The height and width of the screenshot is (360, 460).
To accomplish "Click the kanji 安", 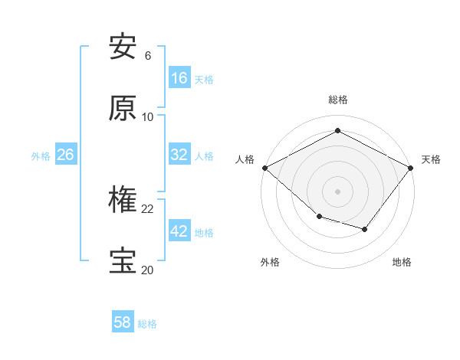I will click(123, 47).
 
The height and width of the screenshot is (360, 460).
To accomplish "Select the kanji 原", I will click(123, 109).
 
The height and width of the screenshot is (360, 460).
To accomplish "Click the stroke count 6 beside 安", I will click(148, 56).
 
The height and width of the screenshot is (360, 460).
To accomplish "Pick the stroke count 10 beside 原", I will click(148, 117).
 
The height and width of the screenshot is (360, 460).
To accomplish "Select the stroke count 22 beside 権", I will click(148, 208).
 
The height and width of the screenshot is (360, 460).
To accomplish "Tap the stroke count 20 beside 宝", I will click(148, 270).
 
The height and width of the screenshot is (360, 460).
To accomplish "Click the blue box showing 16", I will click(179, 78).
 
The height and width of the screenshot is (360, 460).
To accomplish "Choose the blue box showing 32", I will click(179, 155).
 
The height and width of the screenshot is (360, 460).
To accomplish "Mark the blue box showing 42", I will click(179, 231).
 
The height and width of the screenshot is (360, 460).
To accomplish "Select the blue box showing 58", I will click(123, 323).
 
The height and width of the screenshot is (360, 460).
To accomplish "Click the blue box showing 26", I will click(66, 155).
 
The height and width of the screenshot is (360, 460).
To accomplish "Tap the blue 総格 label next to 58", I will click(147, 324).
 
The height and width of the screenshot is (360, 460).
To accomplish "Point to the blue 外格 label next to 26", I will click(41, 155).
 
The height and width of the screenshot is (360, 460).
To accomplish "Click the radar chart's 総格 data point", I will click(337, 131).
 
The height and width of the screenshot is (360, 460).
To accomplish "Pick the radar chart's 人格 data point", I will click(264, 168).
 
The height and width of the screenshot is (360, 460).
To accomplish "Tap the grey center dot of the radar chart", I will click(337, 191).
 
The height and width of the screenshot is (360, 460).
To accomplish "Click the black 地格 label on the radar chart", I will click(402, 263).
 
